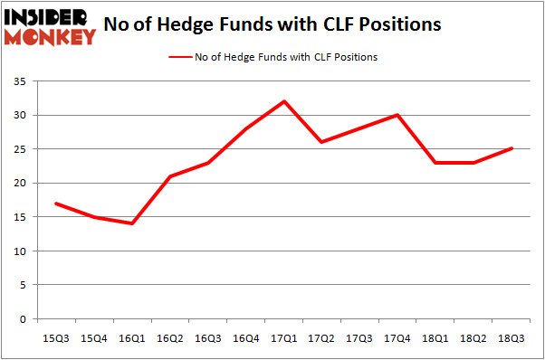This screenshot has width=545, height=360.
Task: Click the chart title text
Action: coord(272,24)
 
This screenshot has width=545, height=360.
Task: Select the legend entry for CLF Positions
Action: coord(272,57)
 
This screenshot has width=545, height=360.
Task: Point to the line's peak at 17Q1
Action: coord(285,101)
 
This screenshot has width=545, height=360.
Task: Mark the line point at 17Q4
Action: coord(397,115)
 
